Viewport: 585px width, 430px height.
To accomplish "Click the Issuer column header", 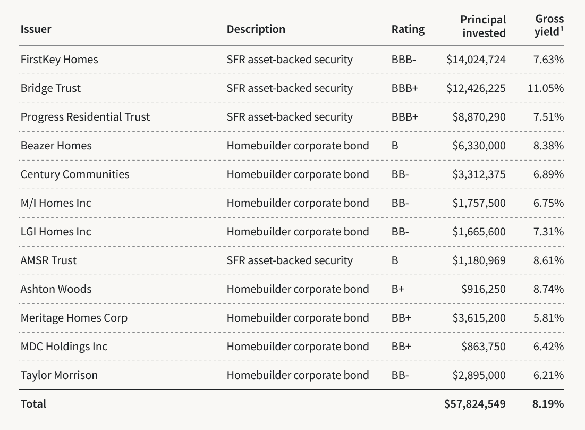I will [36, 29].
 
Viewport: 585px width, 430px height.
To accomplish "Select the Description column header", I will [256, 29].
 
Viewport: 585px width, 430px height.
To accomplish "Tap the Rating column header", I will [408, 29].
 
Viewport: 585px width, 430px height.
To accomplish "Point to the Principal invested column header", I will [483, 26].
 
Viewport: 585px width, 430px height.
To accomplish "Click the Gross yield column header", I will [549, 26].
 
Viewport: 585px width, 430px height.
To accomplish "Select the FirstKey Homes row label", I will [59, 60].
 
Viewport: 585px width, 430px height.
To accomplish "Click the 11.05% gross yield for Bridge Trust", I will [545, 88].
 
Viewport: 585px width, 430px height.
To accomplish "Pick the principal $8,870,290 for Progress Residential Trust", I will [479, 117].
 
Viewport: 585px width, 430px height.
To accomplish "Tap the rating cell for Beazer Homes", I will [395, 146].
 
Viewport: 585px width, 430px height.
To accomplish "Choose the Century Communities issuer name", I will [74, 174].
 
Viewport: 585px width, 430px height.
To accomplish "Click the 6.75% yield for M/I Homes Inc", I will [548, 203].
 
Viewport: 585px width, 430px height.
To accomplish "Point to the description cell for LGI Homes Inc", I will [297, 232].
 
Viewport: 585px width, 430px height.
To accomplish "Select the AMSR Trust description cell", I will [289, 260].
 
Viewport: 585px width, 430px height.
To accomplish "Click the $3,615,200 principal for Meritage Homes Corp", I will [479, 318].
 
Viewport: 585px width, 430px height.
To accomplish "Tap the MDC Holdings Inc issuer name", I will [64, 347].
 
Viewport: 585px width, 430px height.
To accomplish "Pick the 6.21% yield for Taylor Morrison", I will [548, 375].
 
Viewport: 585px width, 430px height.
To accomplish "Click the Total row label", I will [33, 404].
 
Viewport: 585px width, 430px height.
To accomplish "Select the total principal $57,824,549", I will [474, 404].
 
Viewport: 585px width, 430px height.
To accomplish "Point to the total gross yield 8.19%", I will [548, 404].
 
